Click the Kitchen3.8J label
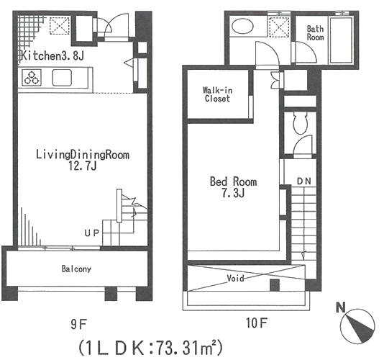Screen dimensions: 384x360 coord(52,55)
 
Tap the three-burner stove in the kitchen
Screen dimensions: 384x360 coord(32,78)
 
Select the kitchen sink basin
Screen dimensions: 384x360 coord(62,78)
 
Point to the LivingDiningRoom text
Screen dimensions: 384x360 coord(83,155)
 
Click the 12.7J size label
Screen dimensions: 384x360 coord(83,166)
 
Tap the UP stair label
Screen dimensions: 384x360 coord(92,233)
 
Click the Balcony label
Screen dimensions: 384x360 coord(76,269)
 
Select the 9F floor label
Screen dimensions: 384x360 coord(79,325)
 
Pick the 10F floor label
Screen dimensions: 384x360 coord(257,323)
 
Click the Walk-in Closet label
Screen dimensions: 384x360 coord(217,94)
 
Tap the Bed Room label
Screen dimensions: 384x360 coord(233,181)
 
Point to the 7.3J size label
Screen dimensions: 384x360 coord(233,193)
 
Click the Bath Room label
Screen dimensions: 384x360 coord(315,33)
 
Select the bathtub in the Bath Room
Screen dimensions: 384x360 coord(341,40)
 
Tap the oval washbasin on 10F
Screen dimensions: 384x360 coord(242,26)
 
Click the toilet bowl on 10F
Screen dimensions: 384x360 coord(301,123)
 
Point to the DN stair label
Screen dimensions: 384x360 coord(304,181)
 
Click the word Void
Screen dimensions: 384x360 coord(235,279)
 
